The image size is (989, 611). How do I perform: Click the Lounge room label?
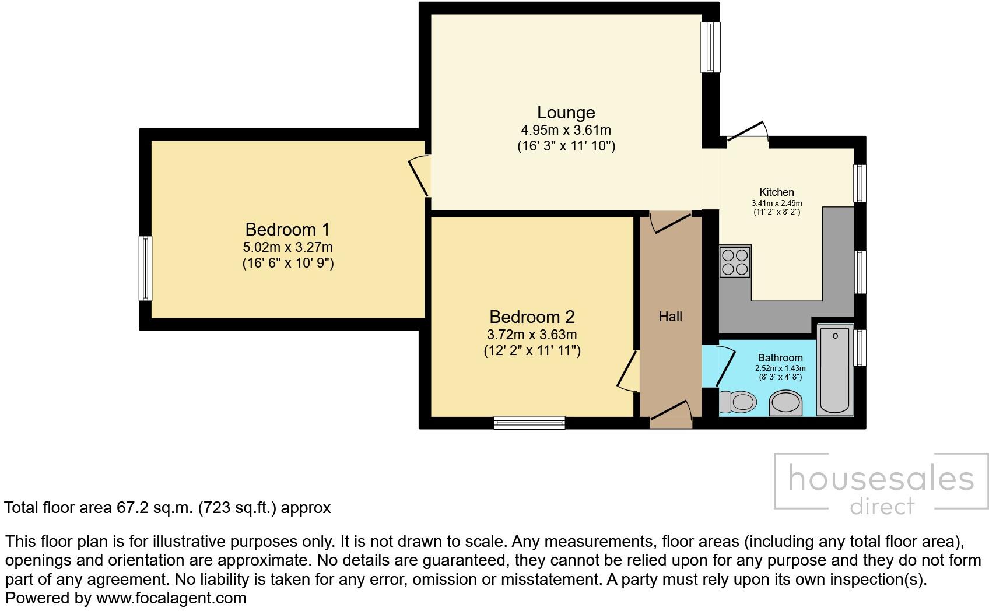point(566,113)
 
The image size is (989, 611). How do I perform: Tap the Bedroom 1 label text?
point(287,229)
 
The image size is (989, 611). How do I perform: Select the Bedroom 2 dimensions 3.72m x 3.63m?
point(531,335)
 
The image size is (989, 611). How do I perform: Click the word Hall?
point(670,317)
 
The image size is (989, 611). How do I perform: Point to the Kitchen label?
point(776,192)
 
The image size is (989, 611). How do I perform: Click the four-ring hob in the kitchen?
point(735,262)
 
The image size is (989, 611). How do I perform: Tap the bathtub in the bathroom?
point(835,370)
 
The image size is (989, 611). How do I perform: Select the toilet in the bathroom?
point(738,402)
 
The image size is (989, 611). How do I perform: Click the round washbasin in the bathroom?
point(785,403)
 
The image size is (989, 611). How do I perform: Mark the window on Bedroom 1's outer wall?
point(145,268)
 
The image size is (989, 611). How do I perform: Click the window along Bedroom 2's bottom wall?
point(529,423)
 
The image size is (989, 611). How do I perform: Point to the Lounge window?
point(710,47)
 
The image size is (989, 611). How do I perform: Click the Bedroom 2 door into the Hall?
point(628,371)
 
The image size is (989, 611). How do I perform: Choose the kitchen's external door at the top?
point(747,132)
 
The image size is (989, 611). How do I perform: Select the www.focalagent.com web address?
point(171,598)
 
